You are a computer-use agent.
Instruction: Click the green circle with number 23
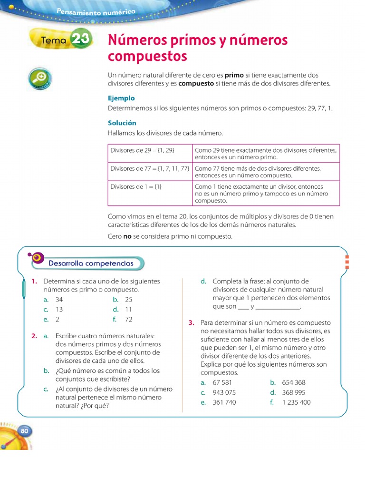click(x=79, y=40)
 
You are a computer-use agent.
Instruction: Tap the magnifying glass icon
click(x=40, y=78)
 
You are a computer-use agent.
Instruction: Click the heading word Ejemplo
click(x=121, y=98)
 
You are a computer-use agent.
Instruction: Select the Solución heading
click(x=122, y=123)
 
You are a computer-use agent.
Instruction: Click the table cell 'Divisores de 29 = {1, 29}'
click(x=143, y=150)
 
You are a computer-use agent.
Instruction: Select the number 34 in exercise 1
click(x=59, y=300)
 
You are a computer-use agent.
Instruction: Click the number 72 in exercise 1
click(x=129, y=320)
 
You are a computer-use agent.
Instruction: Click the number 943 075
click(x=224, y=392)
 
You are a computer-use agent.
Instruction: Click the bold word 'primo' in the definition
click(x=234, y=75)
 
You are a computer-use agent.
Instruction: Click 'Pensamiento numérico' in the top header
click(x=96, y=12)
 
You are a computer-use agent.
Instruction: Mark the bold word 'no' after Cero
click(x=127, y=236)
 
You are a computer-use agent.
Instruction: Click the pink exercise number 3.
click(x=191, y=323)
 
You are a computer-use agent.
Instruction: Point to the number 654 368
click(x=294, y=382)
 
